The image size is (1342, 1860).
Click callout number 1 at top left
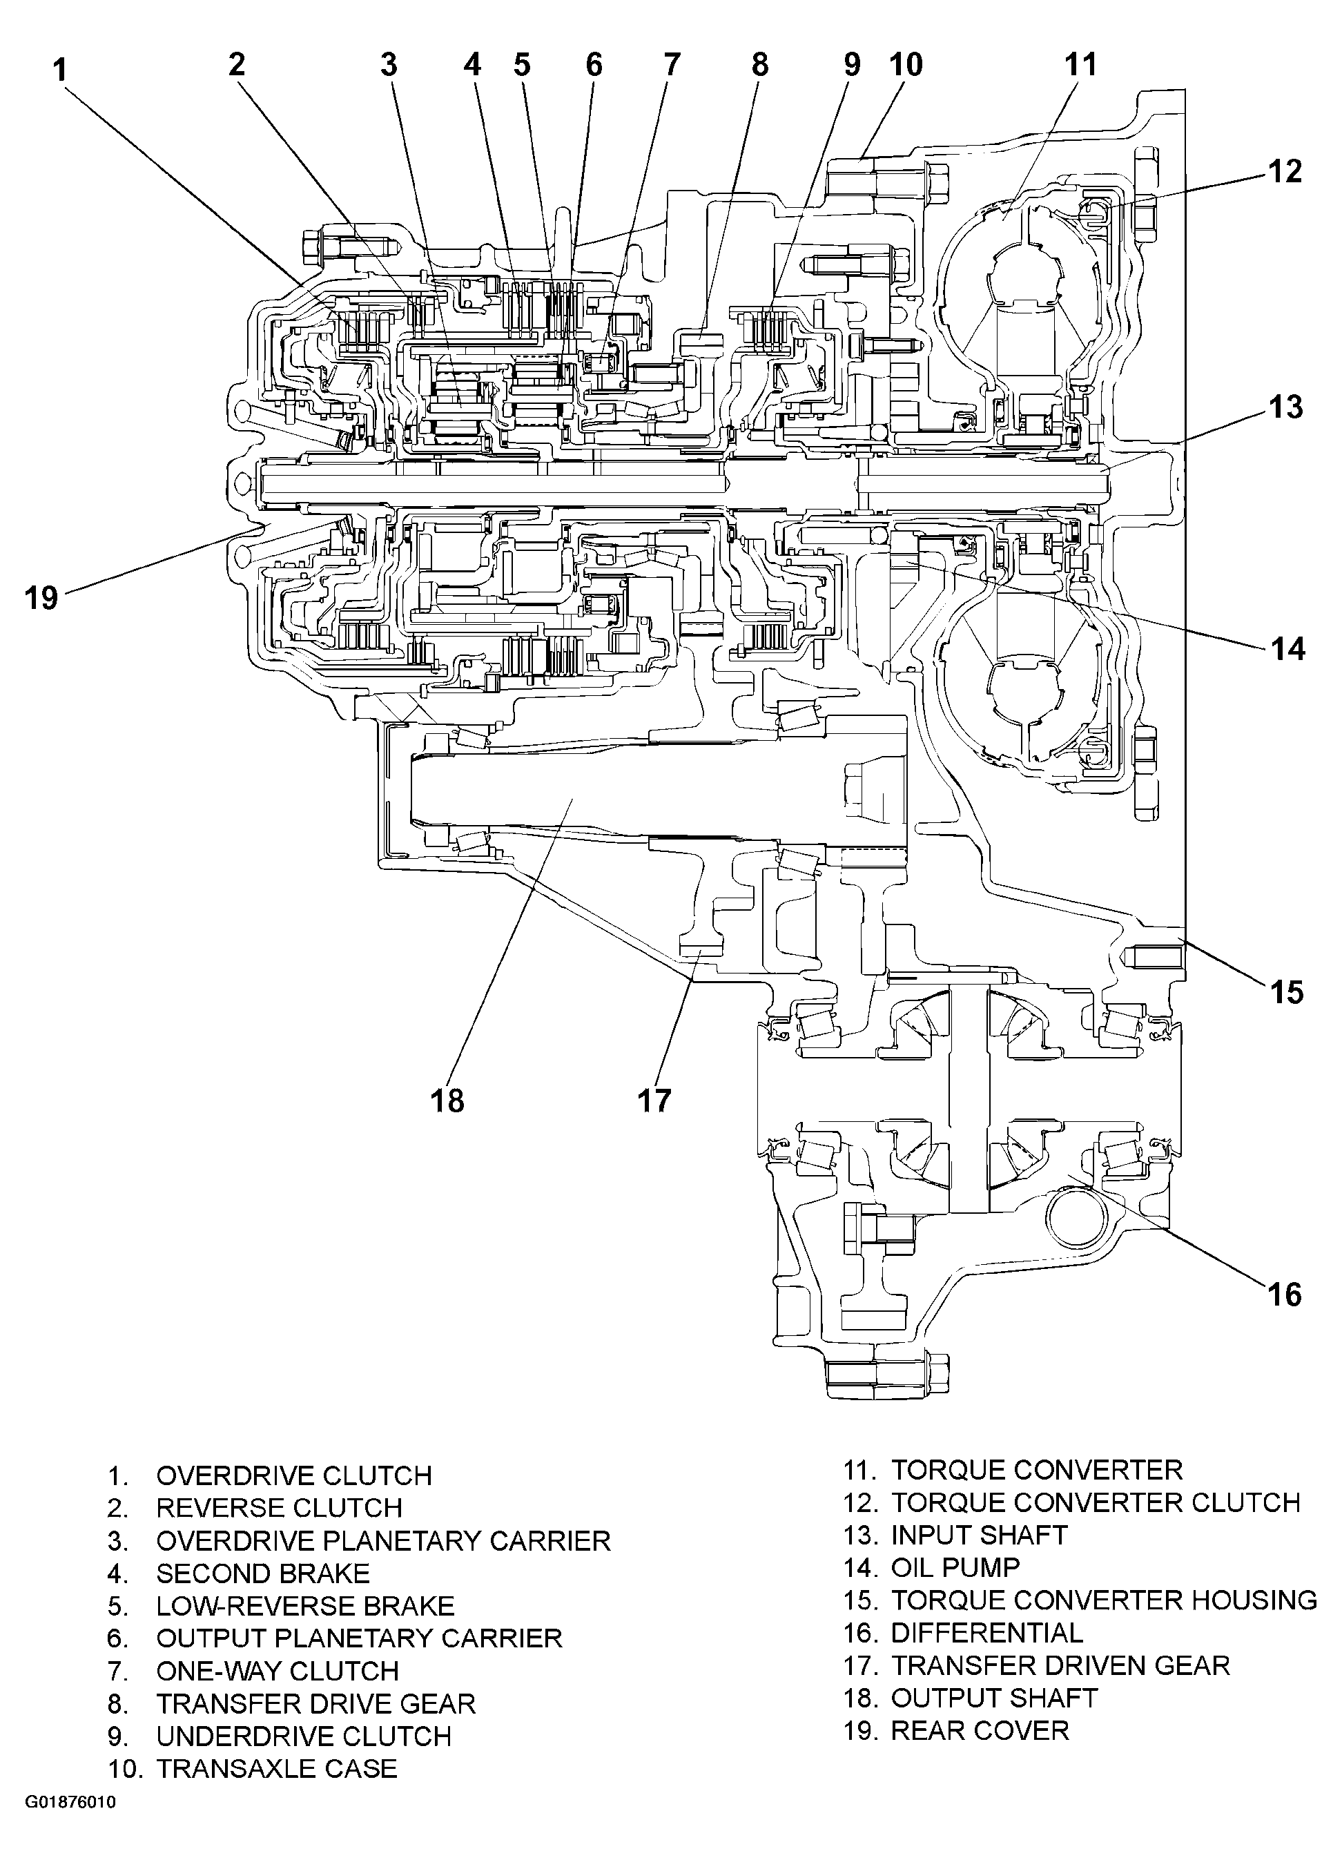click(x=59, y=70)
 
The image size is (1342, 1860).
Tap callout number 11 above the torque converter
click(x=1080, y=65)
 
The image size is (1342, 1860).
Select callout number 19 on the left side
click(x=41, y=597)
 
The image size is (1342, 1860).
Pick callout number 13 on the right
click(x=1285, y=407)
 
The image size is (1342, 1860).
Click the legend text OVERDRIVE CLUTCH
click(x=293, y=1475)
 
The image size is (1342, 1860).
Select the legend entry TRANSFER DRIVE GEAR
click(x=315, y=1703)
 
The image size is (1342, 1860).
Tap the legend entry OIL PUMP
click(x=955, y=1567)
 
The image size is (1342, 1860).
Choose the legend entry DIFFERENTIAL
click(x=986, y=1632)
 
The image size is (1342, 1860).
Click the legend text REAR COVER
click(x=980, y=1730)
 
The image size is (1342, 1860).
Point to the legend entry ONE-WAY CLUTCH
click(x=277, y=1671)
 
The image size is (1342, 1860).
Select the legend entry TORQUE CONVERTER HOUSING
click(x=1103, y=1600)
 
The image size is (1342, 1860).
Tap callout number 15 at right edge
click(x=1285, y=992)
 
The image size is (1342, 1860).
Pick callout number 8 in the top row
click(x=760, y=65)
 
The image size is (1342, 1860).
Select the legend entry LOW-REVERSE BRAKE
click(x=305, y=1605)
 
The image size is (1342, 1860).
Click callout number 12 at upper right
click(x=1285, y=171)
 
